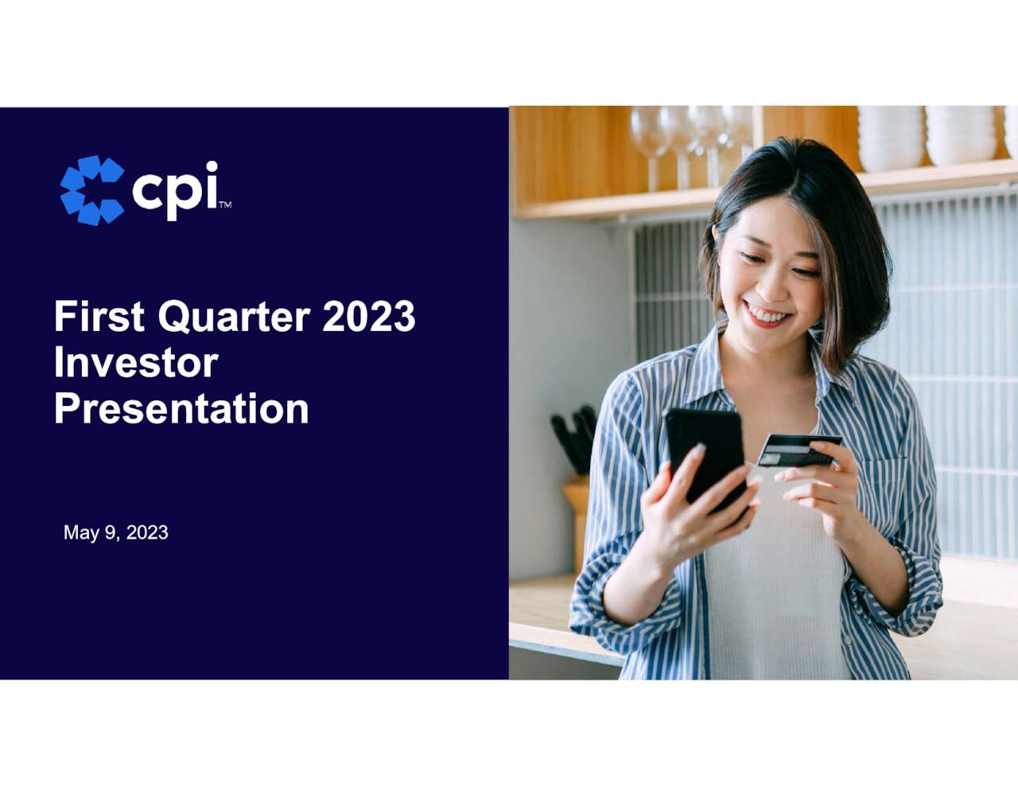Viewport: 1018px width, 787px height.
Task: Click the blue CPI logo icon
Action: pyautogui.click(x=91, y=190)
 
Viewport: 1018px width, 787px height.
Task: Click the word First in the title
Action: pyautogui.click(x=99, y=317)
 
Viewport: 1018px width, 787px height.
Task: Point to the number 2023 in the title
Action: pyautogui.click(x=368, y=317)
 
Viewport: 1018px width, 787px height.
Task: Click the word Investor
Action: pyautogui.click(x=135, y=363)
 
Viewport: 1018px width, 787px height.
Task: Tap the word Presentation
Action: pyautogui.click(x=181, y=409)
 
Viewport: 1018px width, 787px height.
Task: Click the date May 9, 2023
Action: pyautogui.click(x=116, y=532)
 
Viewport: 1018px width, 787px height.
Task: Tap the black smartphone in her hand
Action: pyautogui.click(x=705, y=454)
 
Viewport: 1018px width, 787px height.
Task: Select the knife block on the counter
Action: pyautogui.click(x=576, y=517)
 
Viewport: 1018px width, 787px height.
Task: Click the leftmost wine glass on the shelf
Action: pyautogui.click(x=650, y=139)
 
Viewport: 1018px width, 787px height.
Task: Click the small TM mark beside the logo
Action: pyautogui.click(x=225, y=205)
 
